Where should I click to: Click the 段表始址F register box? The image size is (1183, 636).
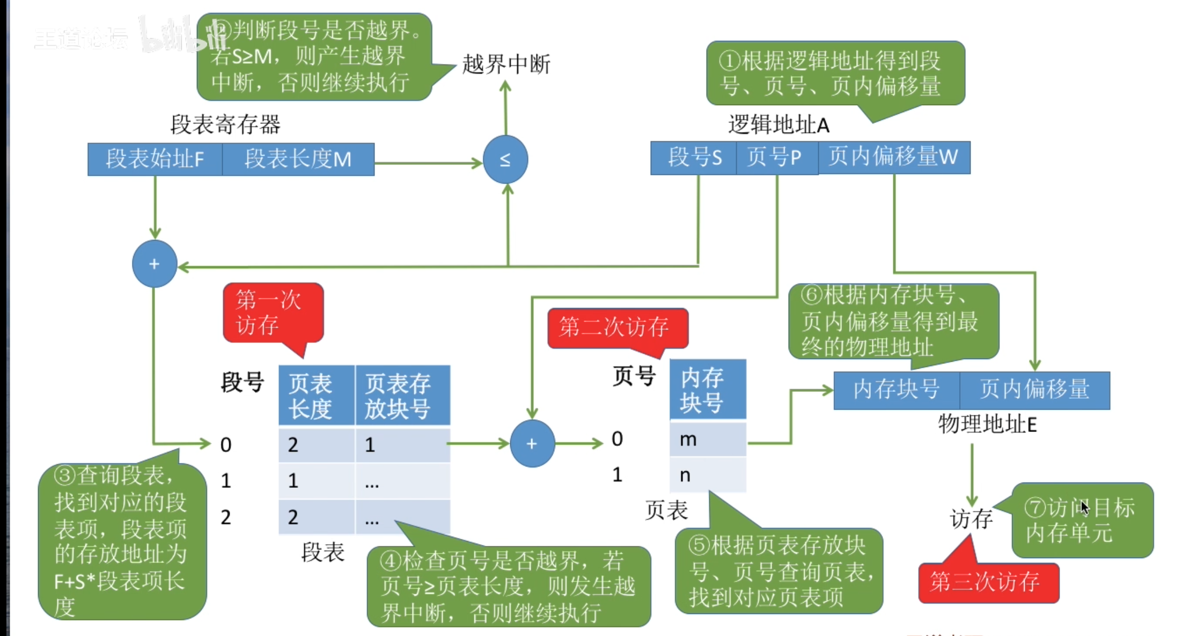pos(155,159)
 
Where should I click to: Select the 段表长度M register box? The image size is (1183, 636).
pos(298,159)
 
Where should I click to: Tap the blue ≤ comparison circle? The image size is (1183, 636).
pos(505,159)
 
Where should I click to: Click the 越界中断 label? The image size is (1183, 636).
pos(506,64)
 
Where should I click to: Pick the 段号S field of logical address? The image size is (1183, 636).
pos(694,157)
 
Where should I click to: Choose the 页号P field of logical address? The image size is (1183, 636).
pos(777,157)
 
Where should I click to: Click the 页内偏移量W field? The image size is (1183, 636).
pos(894,157)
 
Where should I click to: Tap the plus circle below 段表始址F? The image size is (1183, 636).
pos(155,264)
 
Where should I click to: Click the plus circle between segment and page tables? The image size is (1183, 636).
pos(532,444)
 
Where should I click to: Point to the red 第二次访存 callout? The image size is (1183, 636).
pos(617,327)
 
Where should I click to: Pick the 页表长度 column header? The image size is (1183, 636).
pos(316,396)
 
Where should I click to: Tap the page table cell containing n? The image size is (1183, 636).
pos(708,475)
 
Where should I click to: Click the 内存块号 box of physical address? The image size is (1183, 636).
pos(896,390)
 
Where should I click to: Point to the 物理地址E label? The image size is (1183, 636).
pos(987,425)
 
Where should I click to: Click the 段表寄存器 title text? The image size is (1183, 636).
pos(225,125)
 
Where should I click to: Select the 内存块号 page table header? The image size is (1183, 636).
pos(708,390)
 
